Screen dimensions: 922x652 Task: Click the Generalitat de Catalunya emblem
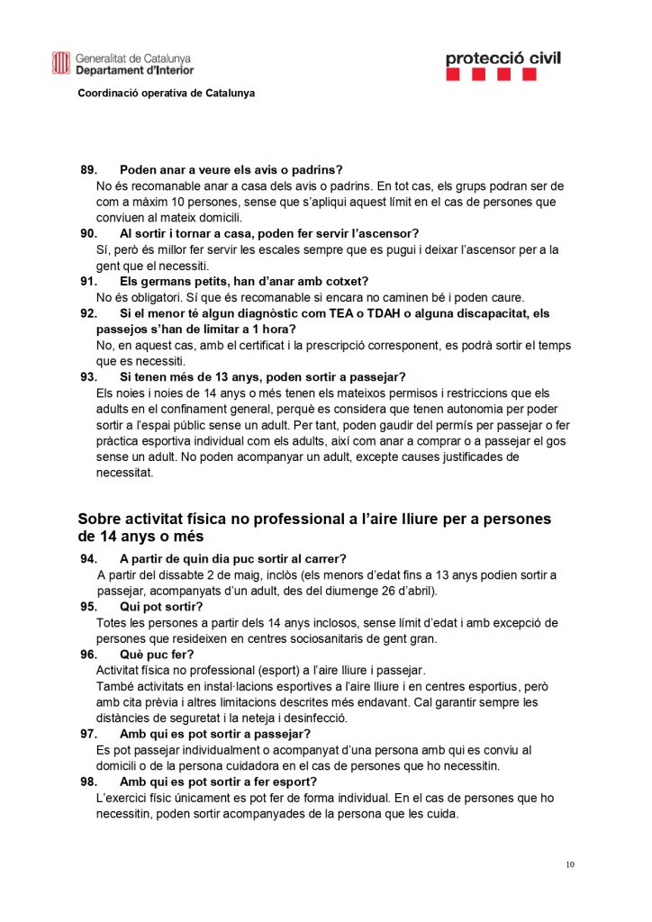pyautogui.click(x=61, y=63)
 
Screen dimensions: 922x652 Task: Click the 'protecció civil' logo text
pyautogui.click(x=503, y=59)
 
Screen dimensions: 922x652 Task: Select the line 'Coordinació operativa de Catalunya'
pyautogui.click(x=166, y=93)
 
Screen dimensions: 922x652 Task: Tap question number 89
pyautogui.click(x=88, y=169)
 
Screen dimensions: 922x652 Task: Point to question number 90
pyautogui.click(x=88, y=233)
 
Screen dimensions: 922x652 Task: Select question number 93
pyautogui.click(x=88, y=376)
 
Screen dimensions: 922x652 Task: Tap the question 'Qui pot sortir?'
pyautogui.click(x=163, y=606)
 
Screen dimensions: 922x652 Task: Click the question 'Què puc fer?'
pyautogui.click(x=157, y=654)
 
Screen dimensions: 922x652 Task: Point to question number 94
pyautogui.click(x=88, y=558)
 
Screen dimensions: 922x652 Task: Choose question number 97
pyautogui.click(x=88, y=734)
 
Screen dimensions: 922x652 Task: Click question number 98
pyautogui.click(x=88, y=782)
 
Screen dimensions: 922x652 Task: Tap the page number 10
pyautogui.click(x=570, y=865)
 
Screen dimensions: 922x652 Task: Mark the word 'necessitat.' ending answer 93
pyautogui.click(x=125, y=473)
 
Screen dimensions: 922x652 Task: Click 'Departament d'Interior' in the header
pyautogui.click(x=134, y=70)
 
